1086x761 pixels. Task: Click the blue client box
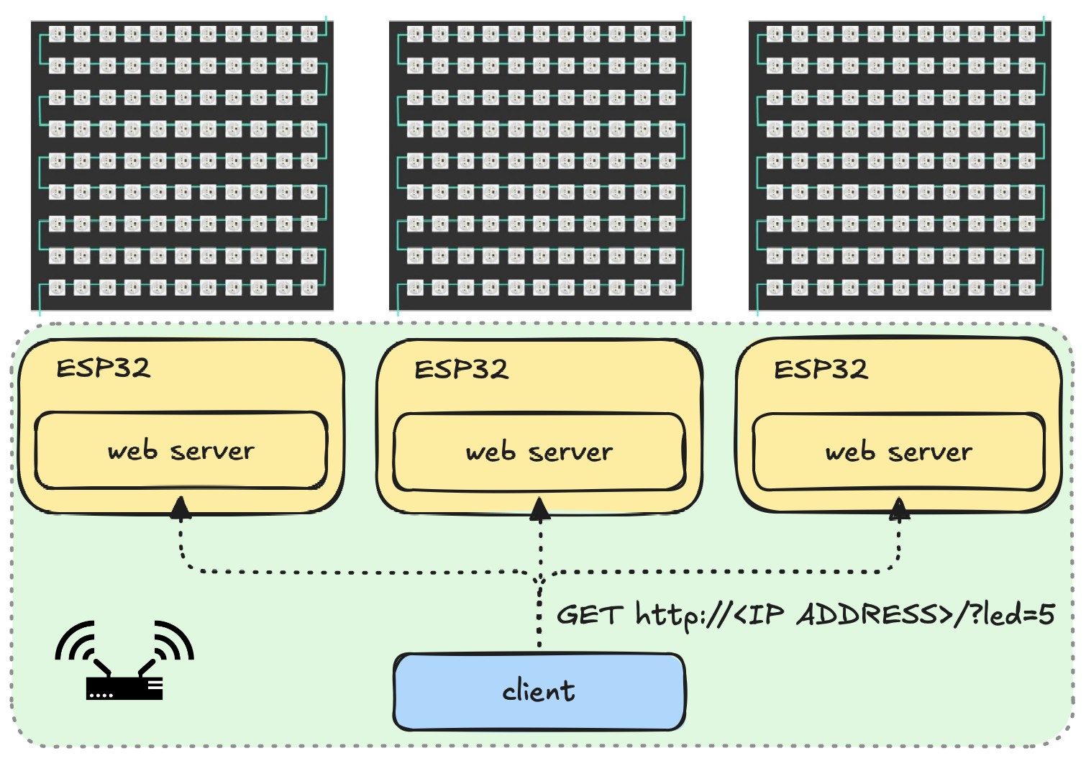539,691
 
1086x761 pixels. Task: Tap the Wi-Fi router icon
124,662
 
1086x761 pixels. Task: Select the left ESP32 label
104,368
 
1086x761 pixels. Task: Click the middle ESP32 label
462,370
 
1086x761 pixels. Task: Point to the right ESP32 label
821,370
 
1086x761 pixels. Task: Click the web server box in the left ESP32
181,451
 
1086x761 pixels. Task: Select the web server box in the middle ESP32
539,452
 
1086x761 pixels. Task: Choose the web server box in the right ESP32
898,452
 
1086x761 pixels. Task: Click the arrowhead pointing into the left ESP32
181,508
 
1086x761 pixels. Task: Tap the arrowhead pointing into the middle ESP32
540,509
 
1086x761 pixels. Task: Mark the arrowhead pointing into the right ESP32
899,509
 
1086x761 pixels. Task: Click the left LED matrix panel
182,165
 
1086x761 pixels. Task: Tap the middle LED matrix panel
540,165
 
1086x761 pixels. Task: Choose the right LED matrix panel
900,165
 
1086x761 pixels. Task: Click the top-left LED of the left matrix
57,34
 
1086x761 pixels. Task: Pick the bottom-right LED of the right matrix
1027,288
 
